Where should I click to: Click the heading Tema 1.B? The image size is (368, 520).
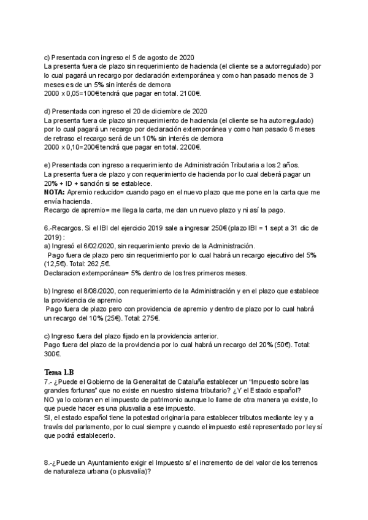coord(59,373)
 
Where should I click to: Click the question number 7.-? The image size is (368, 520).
coord(49,382)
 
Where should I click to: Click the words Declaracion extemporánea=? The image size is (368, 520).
coord(85,273)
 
